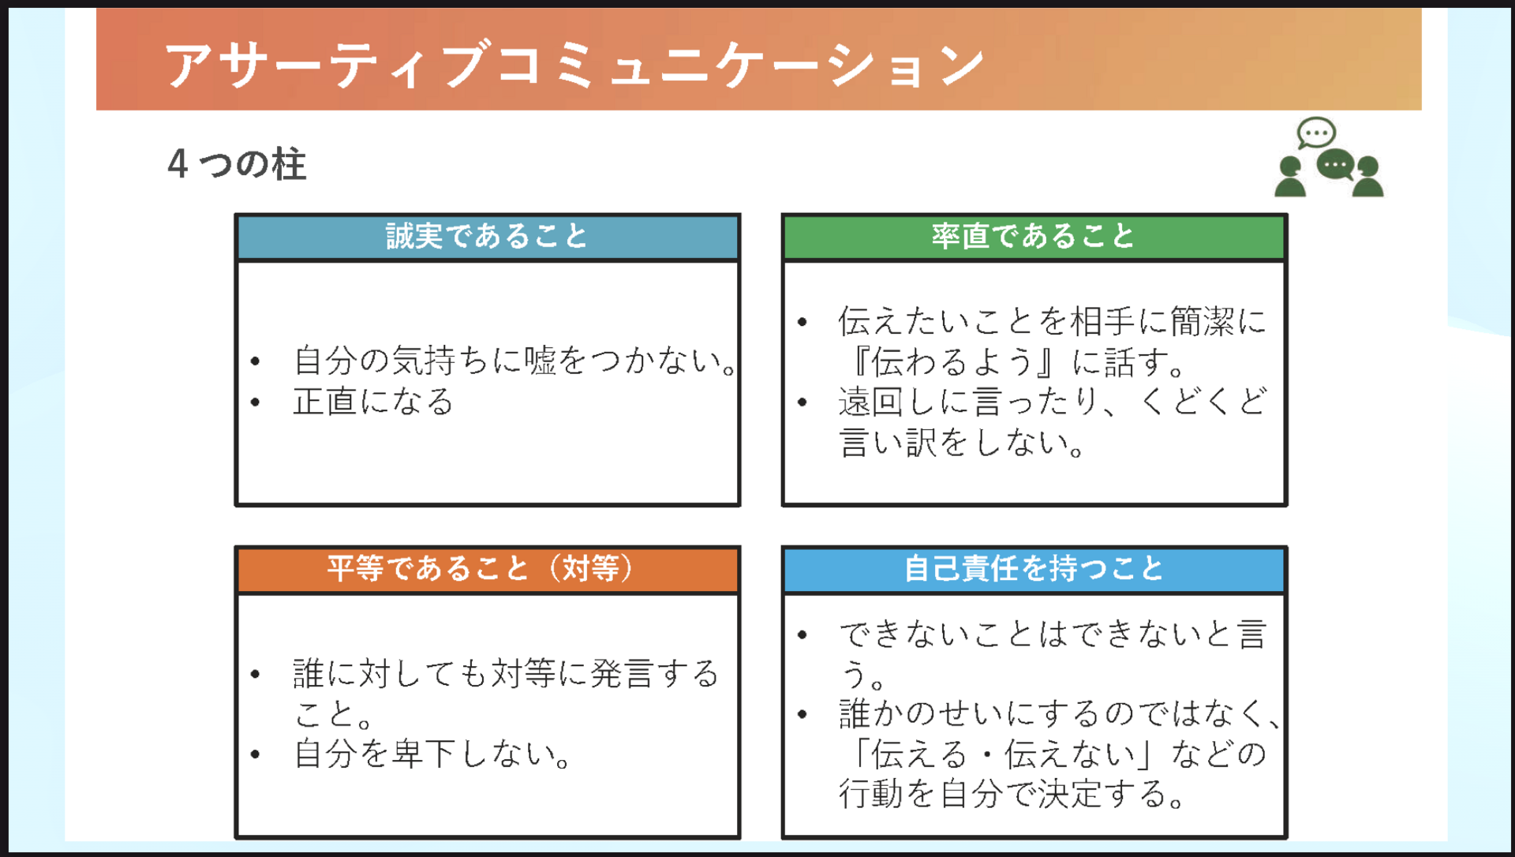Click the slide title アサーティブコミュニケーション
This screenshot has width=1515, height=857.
tap(574, 65)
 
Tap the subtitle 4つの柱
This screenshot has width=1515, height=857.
tap(237, 164)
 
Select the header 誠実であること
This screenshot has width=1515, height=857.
tap(487, 236)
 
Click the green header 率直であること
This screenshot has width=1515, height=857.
tap(1033, 236)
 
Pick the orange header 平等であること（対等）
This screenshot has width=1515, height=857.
tap(481, 568)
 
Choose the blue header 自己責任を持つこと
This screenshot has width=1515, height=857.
tap(1034, 568)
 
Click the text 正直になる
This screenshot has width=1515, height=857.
tap(373, 402)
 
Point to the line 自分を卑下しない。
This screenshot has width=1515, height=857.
tap(432, 754)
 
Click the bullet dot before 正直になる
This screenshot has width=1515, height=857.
tap(255, 402)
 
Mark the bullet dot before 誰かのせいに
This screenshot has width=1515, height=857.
tap(802, 715)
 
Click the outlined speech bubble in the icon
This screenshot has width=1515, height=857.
tap(1316, 133)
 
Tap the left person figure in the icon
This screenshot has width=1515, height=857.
tap(1290, 177)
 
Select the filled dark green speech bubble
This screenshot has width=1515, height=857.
tap(1336, 166)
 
